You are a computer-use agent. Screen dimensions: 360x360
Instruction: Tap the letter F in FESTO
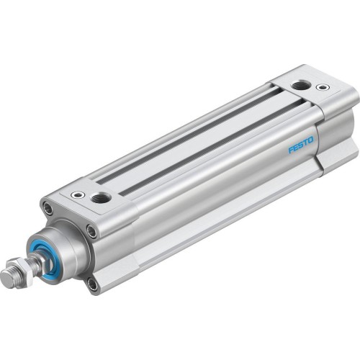coord(292,150)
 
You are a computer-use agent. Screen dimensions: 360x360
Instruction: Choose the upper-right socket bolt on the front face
coord(92,230)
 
